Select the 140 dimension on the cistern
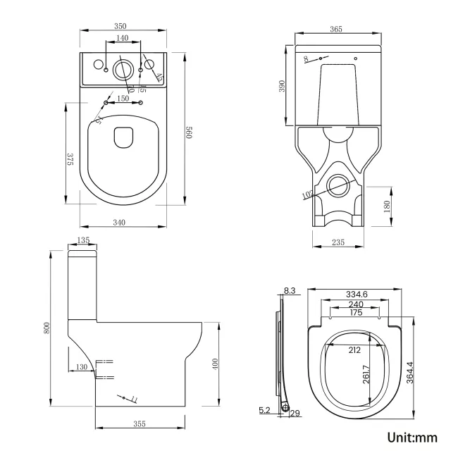[123, 38]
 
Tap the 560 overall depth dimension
[189, 131]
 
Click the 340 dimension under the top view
[119, 223]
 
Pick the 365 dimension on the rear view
[335, 29]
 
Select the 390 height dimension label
[281, 86]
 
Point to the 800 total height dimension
[48, 328]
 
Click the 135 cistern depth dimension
[83, 241]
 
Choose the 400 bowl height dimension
[216, 364]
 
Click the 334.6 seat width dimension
[357, 295]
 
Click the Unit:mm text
[412, 437]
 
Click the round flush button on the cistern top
[123, 69]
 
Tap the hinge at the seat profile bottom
[285, 407]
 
